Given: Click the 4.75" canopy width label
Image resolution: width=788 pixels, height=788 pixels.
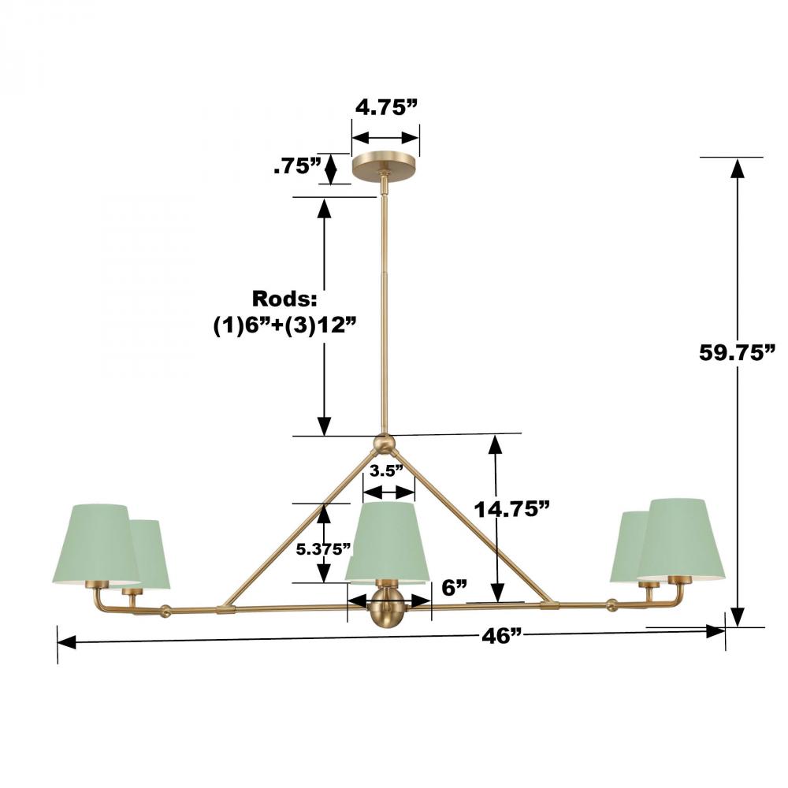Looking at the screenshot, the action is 386,107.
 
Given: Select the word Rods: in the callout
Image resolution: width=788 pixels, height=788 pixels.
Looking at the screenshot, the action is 284,299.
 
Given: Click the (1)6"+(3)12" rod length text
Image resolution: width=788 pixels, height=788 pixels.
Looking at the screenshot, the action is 285,326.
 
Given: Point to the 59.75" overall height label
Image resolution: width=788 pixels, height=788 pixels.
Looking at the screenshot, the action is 738,353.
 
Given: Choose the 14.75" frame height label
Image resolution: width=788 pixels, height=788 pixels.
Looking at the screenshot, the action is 512,510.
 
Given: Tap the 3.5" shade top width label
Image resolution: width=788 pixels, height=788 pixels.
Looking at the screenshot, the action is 386,471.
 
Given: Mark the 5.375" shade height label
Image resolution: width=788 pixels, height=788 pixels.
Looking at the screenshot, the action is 322,549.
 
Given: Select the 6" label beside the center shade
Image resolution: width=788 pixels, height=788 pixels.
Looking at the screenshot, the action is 455,587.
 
